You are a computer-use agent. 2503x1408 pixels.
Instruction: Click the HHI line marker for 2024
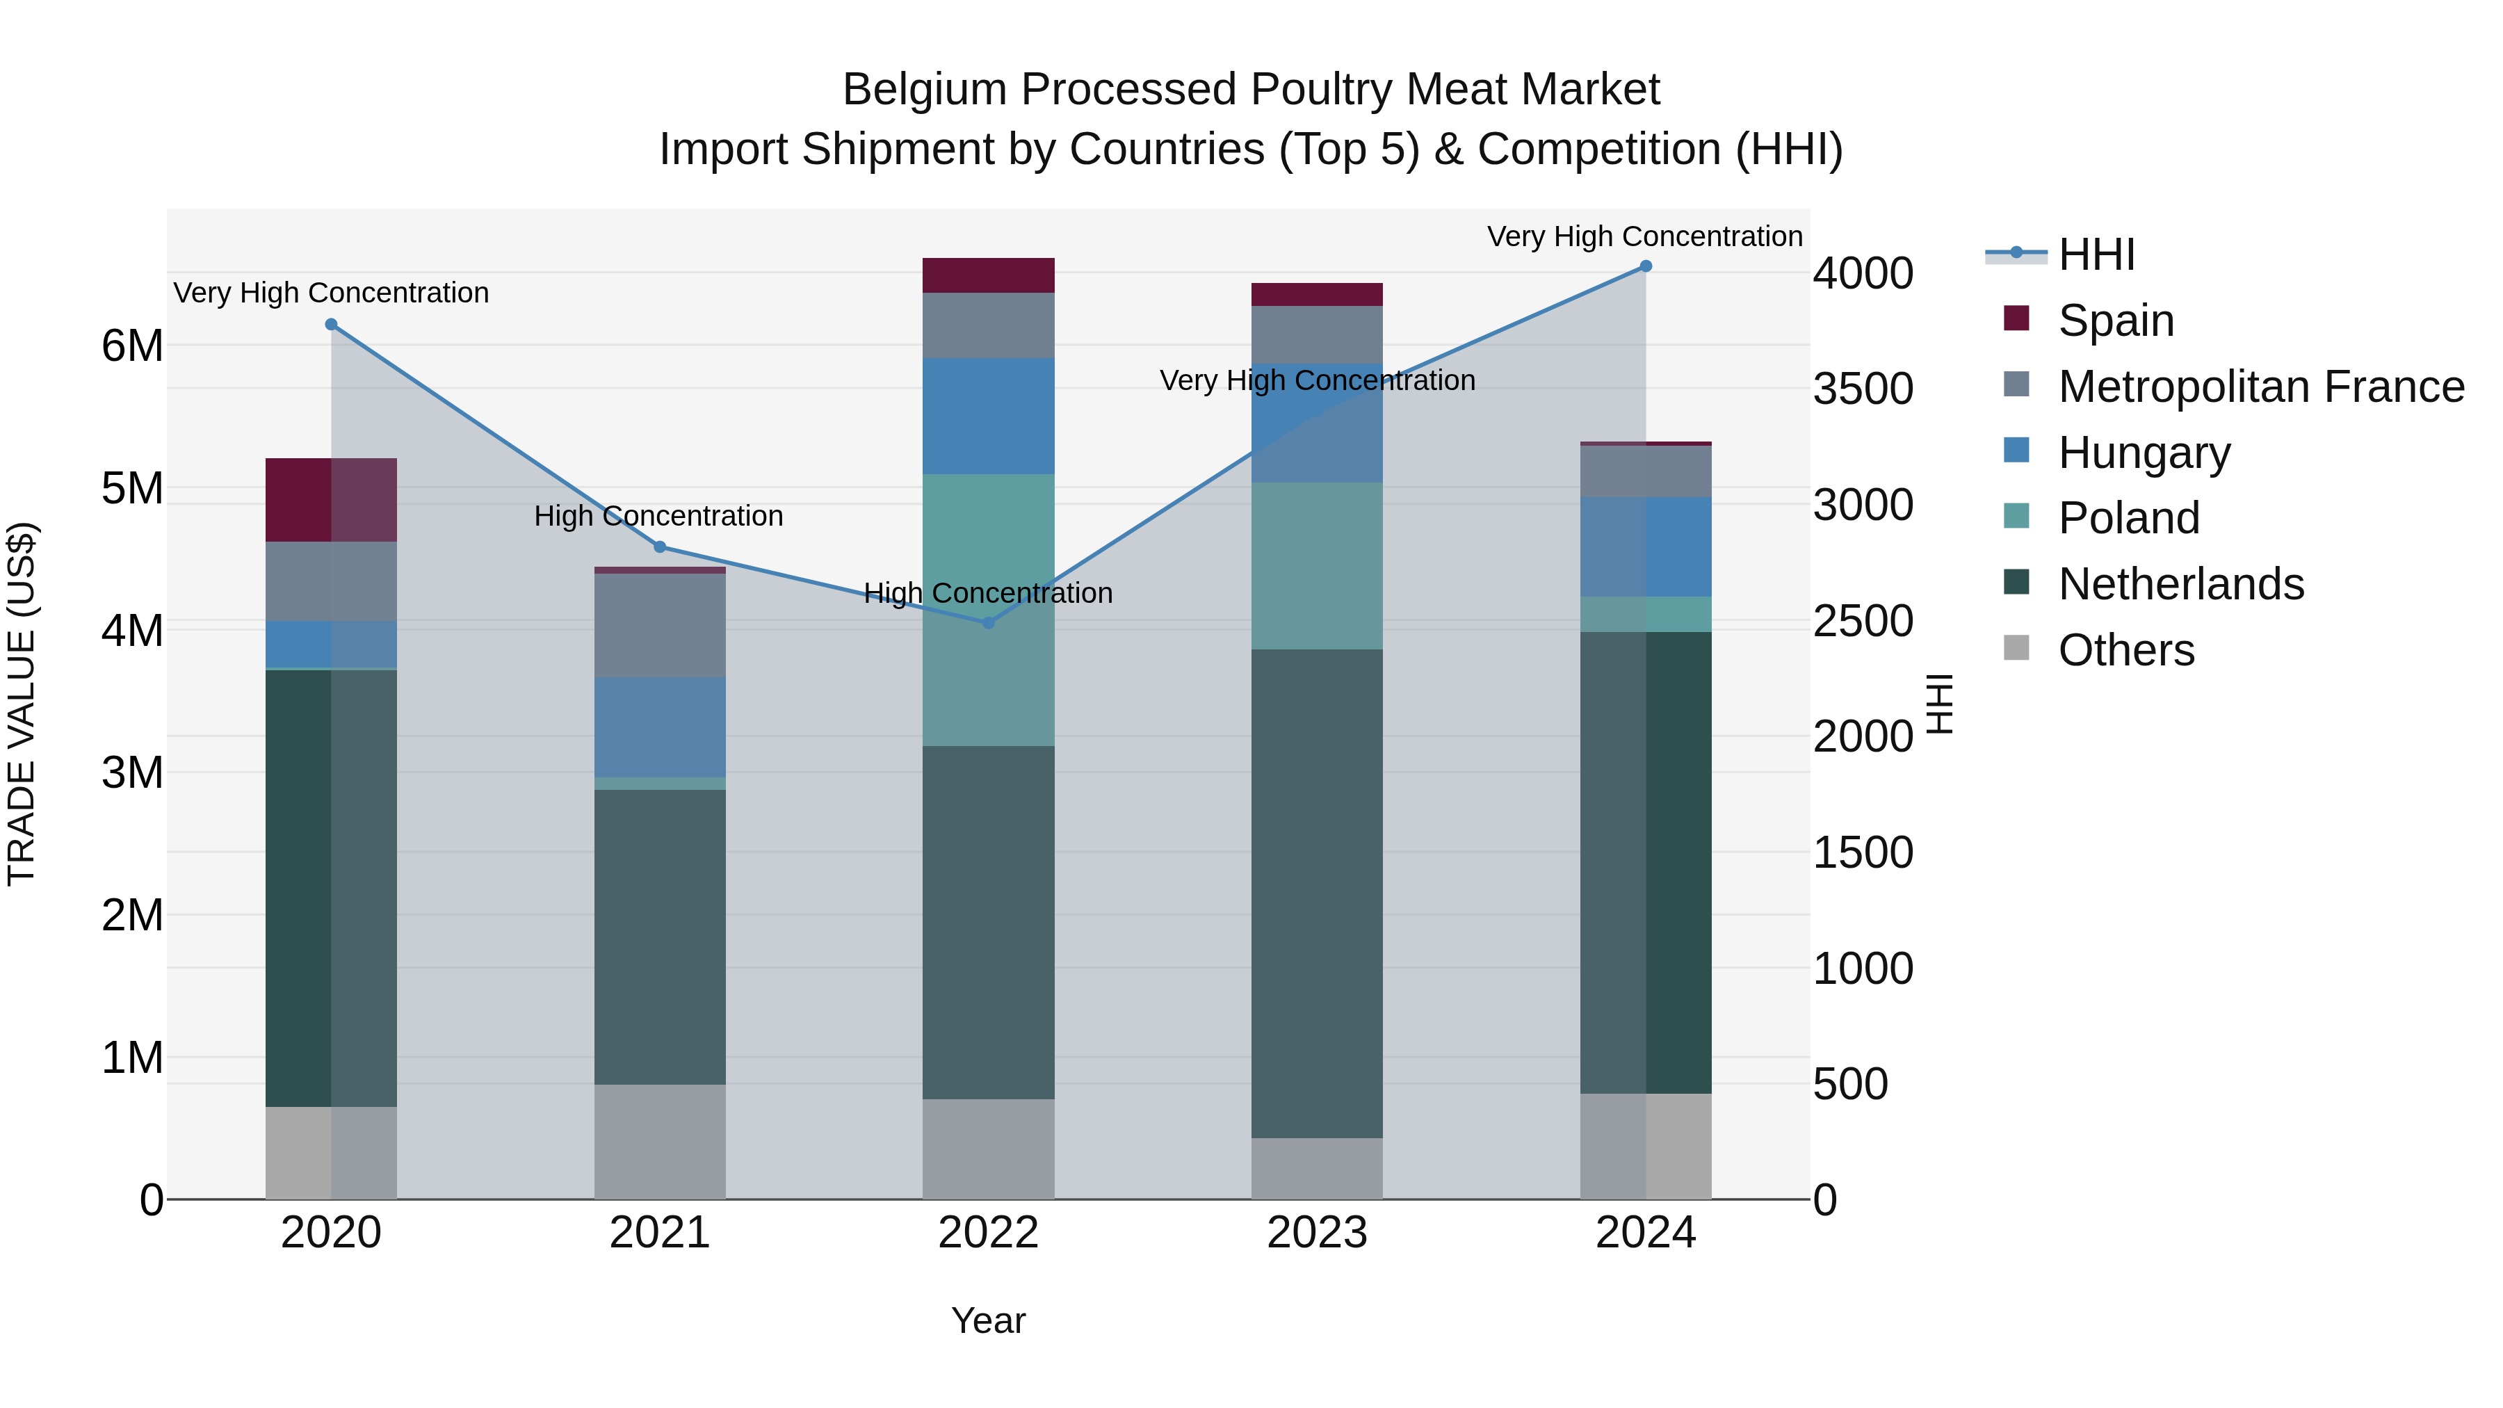tap(1645, 266)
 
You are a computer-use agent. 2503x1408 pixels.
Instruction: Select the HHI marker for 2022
tap(988, 623)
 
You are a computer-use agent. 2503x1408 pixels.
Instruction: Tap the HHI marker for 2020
tap(332, 325)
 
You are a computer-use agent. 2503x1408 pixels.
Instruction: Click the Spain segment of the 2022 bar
tap(988, 276)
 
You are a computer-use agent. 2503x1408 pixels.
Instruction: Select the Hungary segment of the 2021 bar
tap(660, 727)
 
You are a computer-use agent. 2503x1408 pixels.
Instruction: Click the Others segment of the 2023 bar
tap(1317, 1168)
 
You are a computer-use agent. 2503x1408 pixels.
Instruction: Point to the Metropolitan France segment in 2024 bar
tap(1645, 472)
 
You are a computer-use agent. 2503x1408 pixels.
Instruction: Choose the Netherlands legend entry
tap(2180, 584)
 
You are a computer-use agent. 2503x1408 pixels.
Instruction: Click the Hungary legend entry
tap(2144, 453)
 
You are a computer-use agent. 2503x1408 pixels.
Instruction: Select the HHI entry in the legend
tap(2095, 254)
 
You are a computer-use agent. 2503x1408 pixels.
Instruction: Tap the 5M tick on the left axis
tap(132, 488)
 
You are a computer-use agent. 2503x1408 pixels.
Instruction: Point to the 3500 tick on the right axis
tap(1863, 389)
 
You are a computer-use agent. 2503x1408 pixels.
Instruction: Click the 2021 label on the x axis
tap(660, 1233)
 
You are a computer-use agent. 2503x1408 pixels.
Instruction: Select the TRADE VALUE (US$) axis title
tap(22, 704)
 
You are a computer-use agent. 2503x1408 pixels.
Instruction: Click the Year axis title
tap(988, 1320)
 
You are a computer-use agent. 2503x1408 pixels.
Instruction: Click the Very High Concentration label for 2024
tap(1644, 236)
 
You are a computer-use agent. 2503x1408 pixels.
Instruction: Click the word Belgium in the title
tap(923, 90)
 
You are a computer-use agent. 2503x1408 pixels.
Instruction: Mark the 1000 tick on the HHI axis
tap(1863, 969)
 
